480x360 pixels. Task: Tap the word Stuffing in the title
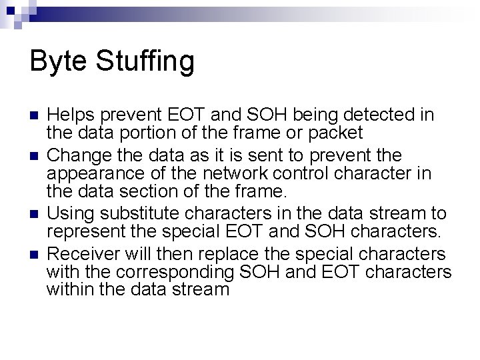point(145,62)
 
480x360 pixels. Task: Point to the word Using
point(69,213)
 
